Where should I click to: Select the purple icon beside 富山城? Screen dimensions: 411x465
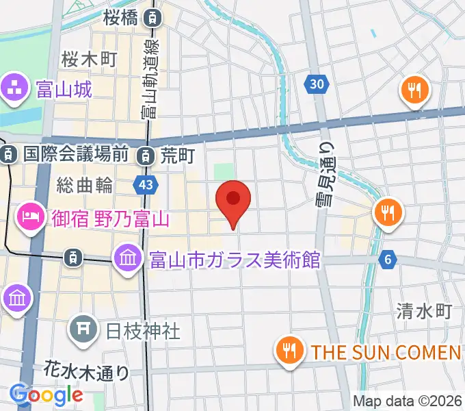pyautogui.click(x=14, y=87)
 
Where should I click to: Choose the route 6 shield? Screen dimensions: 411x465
pyautogui.click(x=388, y=259)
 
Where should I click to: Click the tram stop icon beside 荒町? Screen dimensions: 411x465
pyautogui.click(x=145, y=156)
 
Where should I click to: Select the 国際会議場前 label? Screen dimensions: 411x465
pyautogui.click(x=75, y=155)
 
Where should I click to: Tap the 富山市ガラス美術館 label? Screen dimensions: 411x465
pyautogui.click(x=234, y=260)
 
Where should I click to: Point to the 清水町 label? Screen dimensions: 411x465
pyautogui.click(x=424, y=312)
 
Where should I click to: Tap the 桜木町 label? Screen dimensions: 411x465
pyautogui.click(x=89, y=58)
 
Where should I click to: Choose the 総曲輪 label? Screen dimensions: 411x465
pyautogui.click(x=85, y=184)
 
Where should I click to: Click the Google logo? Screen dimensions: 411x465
pyautogui.click(x=46, y=395)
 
